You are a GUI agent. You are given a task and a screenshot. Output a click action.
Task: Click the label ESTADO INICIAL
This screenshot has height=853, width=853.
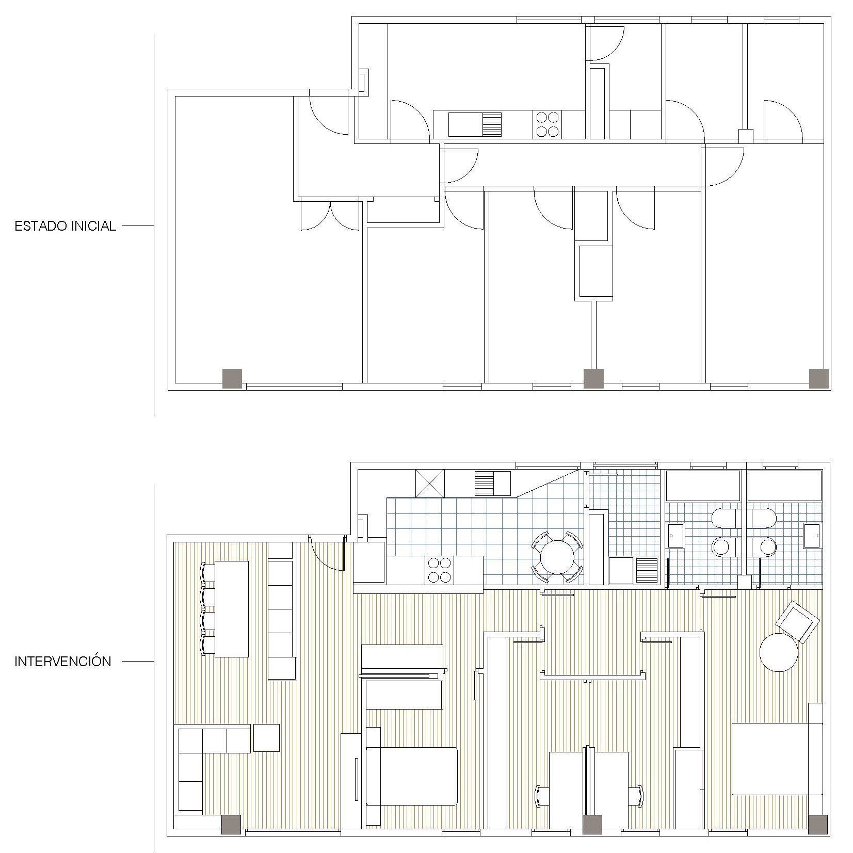65,226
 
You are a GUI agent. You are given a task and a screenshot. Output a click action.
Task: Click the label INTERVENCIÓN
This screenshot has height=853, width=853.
63,662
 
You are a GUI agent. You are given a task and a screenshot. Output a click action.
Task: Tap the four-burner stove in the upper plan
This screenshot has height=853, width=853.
548,124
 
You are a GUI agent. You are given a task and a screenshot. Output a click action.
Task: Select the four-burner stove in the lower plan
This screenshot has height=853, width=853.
439,570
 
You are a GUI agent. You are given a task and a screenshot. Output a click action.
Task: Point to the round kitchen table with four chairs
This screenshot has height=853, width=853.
557,557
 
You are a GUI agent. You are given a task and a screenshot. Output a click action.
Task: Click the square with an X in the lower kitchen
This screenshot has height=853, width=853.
430,484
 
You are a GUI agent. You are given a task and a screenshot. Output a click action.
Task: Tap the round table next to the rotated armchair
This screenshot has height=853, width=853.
779,652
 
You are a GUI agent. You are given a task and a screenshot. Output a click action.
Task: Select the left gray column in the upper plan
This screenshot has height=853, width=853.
232,379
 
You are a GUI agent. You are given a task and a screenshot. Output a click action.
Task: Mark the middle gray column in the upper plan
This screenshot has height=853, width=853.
593,379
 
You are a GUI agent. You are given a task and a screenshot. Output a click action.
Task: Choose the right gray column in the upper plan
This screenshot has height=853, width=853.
818,379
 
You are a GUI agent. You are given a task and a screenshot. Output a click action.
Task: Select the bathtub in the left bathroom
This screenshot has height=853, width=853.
703,486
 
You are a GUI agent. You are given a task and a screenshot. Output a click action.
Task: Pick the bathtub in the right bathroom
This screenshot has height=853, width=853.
784,486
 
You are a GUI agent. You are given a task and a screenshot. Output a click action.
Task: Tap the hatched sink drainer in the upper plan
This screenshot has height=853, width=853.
491,124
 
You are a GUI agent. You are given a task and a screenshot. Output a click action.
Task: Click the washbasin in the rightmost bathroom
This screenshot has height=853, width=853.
812,535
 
